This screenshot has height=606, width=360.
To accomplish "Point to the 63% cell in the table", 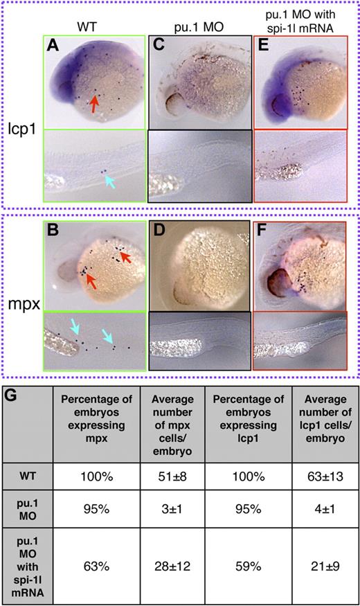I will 100,562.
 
